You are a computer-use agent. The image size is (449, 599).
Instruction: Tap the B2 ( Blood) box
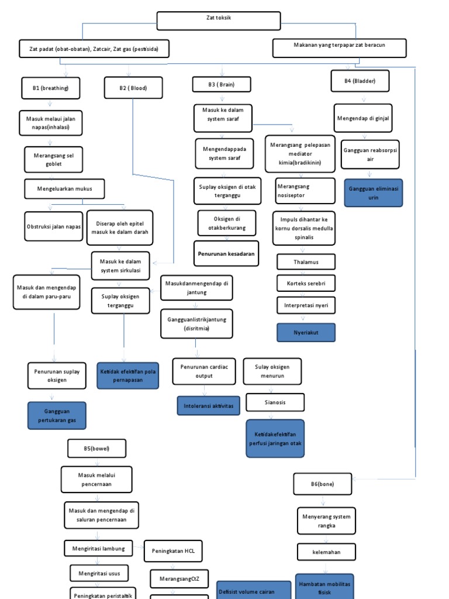click(x=133, y=88)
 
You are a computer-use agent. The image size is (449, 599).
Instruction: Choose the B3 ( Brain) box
click(x=222, y=85)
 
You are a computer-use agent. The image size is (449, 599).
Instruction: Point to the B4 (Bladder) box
click(x=360, y=81)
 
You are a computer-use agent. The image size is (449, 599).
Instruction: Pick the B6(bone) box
click(x=323, y=484)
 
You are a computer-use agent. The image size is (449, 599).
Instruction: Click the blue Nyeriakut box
click(x=306, y=332)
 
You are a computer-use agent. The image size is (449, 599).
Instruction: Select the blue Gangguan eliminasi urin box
click(x=372, y=193)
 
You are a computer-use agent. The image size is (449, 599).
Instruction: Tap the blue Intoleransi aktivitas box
click(x=208, y=405)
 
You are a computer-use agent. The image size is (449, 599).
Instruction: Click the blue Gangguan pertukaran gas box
click(x=57, y=416)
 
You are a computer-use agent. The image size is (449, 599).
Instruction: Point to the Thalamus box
click(x=306, y=261)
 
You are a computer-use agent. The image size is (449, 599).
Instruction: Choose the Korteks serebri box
click(x=306, y=283)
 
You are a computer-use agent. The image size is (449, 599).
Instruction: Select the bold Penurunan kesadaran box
click(x=226, y=253)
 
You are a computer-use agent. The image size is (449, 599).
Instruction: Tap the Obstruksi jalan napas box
click(x=54, y=226)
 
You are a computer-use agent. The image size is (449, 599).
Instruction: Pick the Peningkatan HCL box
click(x=173, y=551)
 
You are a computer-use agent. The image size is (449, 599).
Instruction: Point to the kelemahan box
click(x=326, y=552)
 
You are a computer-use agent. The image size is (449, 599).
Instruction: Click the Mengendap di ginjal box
click(x=363, y=119)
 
